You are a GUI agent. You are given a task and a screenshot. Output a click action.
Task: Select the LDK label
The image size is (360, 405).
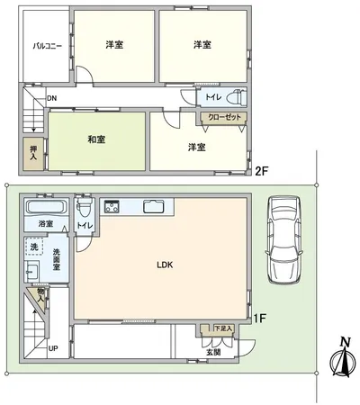click(164, 265)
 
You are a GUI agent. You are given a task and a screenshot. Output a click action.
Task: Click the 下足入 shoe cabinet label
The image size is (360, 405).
click(223, 328)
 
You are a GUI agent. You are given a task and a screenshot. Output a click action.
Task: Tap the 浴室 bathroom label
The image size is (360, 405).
click(43, 222)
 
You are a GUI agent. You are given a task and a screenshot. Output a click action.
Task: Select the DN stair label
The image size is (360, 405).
click(52, 98)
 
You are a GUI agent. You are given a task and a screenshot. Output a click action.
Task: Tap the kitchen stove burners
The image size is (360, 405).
click(113, 207)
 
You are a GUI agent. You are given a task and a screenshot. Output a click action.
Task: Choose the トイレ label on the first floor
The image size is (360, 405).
click(85, 226)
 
